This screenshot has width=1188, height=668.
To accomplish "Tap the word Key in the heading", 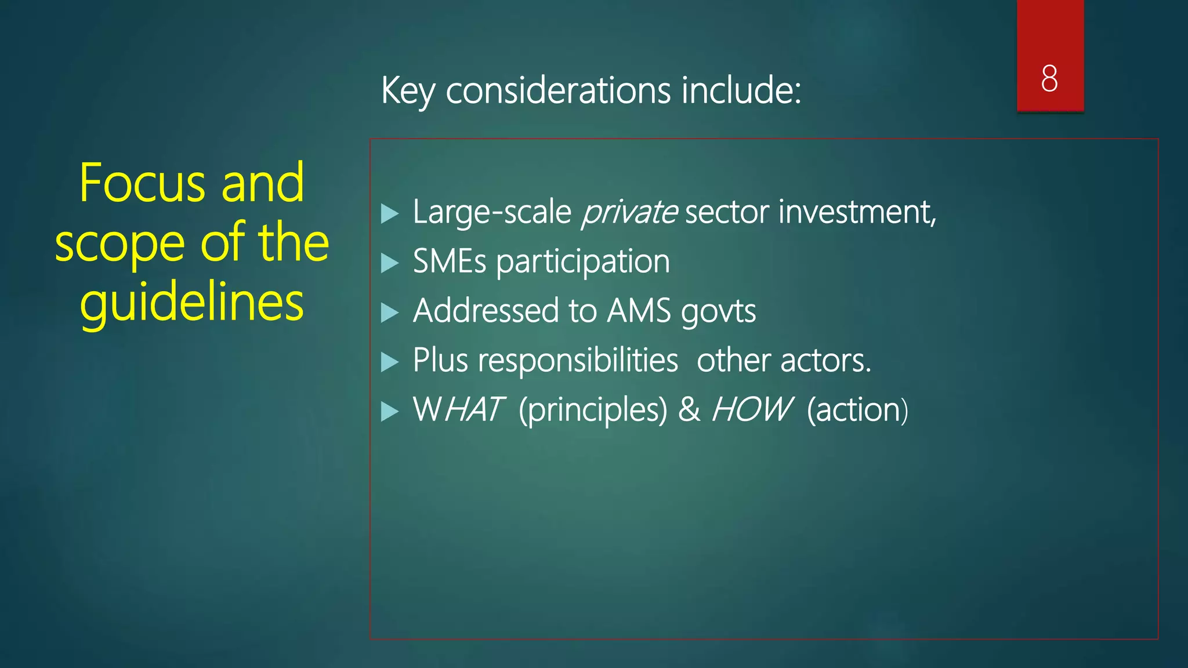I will [407, 92].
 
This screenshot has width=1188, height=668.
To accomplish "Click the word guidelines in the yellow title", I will [192, 303].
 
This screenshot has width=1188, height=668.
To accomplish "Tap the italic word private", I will [629, 212].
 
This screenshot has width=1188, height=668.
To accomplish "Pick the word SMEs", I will [450, 262].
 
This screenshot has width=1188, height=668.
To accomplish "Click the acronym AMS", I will [639, 311].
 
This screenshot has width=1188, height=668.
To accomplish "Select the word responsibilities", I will [578, 361].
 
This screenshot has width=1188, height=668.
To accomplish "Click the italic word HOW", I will [751, 409].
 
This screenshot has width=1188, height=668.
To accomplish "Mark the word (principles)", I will [593, 411].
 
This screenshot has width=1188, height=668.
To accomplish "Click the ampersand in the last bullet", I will [689, 409].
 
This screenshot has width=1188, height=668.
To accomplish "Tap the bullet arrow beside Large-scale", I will [390, 214].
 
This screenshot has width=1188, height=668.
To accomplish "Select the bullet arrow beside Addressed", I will [390, 313].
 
